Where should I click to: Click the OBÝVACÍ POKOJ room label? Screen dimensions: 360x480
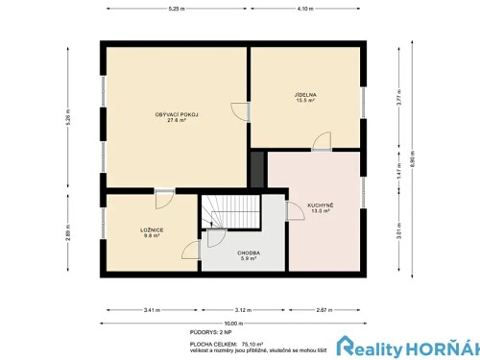coord(177,114)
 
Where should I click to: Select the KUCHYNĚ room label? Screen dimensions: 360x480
coord(319,205)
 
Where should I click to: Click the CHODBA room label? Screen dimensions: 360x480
coord(249,252)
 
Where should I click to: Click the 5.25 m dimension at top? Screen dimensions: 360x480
coord(176,9)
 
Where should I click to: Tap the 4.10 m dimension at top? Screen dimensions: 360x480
coord(306,9)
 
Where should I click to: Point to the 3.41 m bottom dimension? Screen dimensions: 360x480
coord(151,310)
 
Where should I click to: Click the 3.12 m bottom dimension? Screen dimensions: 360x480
coord(243,310)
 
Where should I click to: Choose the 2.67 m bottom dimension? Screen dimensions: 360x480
coord(324,310)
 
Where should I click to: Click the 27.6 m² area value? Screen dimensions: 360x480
coord(177,120)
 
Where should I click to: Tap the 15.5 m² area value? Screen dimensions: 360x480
coord(306,102)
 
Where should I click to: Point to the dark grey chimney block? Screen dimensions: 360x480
coord(256,169)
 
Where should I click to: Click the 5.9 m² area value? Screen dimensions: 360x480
coord(249,258)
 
